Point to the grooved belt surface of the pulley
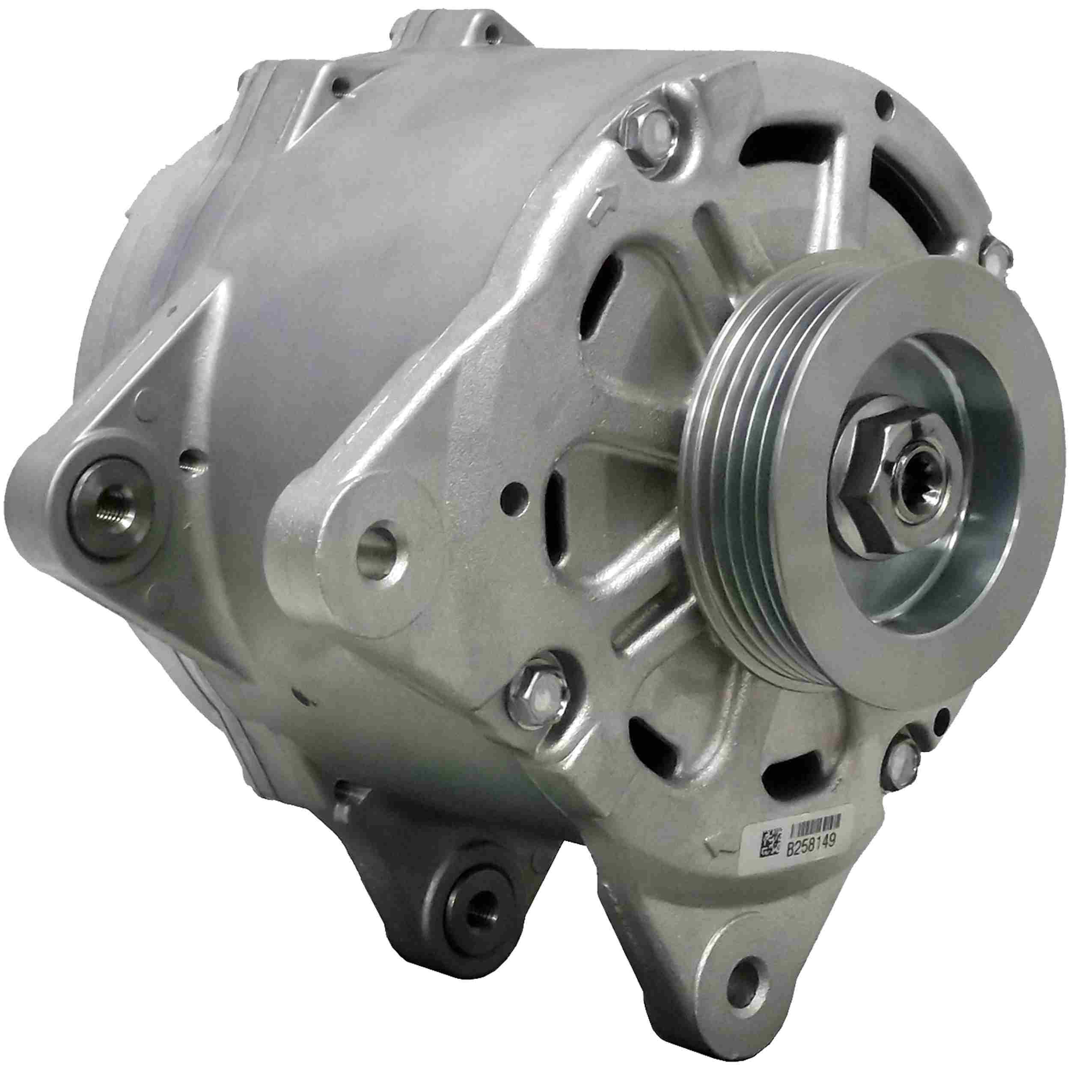[720, 465]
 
